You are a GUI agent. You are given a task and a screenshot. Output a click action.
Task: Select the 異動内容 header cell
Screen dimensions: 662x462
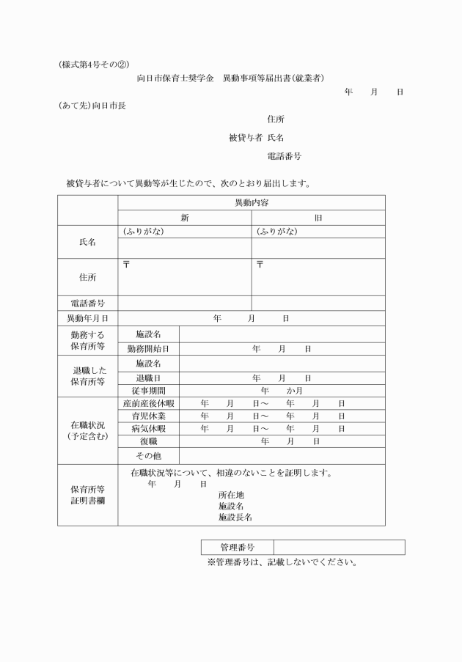click(251, 202)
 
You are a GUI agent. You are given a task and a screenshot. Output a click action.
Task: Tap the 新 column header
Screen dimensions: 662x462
click(185, 218)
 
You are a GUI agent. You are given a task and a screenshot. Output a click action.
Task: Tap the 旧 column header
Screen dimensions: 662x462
click(318, 218)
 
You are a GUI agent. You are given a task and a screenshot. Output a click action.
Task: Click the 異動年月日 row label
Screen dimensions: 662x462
click(87, 318)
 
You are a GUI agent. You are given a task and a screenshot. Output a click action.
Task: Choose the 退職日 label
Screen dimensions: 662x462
click(148, 378)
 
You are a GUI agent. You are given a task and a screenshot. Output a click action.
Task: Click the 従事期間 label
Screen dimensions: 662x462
click(148, 391)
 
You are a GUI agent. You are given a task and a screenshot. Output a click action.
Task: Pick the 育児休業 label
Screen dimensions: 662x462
click(148, 416)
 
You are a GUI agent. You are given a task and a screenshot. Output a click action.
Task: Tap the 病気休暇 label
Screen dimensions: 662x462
click(148, 429)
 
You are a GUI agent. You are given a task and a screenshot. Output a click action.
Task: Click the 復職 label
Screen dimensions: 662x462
click(148, 441)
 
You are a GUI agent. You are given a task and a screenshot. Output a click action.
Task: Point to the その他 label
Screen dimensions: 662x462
click(148, 456)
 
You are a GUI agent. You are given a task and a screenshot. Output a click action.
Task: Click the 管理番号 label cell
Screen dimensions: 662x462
click(237, 548)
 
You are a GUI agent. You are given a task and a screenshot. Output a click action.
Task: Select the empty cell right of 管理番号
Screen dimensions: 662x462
click(339, 548)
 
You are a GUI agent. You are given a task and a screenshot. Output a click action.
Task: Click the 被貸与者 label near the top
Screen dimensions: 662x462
click(246, 137)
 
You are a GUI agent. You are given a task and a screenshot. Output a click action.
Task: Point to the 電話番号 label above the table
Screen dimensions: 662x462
click(285, 156)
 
